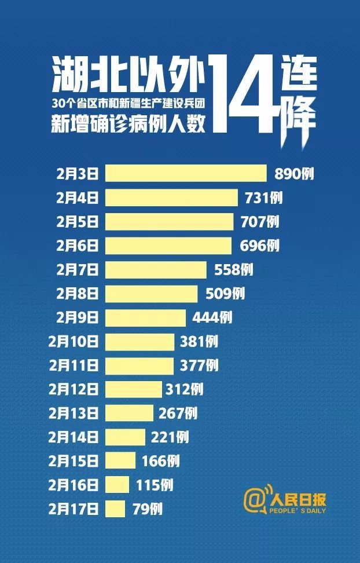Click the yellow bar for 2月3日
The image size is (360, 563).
click(x=185, y=173)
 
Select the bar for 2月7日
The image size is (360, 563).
click(x=155, y=269)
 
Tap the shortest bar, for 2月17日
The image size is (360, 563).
click(x=115, y=509)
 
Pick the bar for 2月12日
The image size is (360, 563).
click(x=133, y=389)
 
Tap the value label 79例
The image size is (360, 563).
click(x=146, y=510)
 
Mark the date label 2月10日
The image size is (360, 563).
click(x=74, y=342)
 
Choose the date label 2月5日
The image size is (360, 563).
click(x=77, y=222)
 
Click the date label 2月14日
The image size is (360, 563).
click(x=74, y=437)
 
